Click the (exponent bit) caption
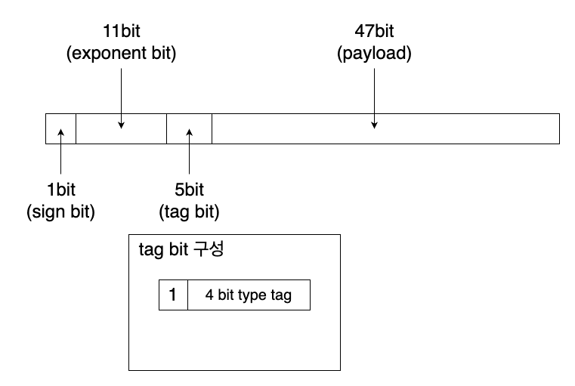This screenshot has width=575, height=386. click(121, 54)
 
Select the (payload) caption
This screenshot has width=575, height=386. click(374, 54)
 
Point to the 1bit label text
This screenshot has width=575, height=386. click(60, 190)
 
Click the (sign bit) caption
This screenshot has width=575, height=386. click(60, 212)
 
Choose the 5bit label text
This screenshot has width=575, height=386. click(189, 190)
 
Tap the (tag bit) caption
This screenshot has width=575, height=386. click(189, 212)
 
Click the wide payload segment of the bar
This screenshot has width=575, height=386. click(453, 128)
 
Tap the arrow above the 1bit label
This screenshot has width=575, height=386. click(60, 155)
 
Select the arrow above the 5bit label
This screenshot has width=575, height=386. click(189, 155)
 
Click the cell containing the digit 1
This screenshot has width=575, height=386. click(173, 295)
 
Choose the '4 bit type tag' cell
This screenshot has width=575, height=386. click(249, 295)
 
